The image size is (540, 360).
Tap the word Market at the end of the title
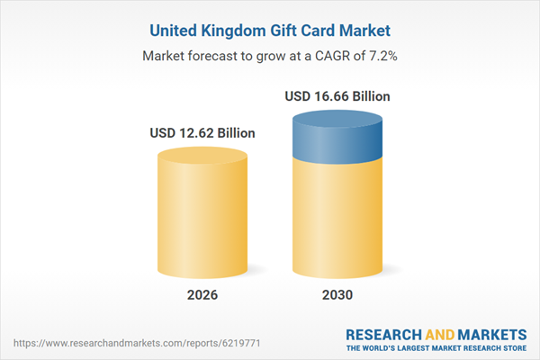pyautogui.click(x=363, y=31)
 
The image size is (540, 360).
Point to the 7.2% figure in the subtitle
pyautogui.click(x=381, y=56)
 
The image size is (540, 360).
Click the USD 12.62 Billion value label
pyautogui.click(x=202, y=133)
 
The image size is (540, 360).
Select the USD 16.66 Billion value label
pyautogui.click(x=337, y=95)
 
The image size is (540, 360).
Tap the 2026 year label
pyautogui.click(x=202, y=295)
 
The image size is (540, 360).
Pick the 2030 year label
pyautogui.click(x=337, y=295)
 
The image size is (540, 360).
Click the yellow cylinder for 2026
pyautogui.click(x=202, y=216)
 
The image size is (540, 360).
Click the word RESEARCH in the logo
pyautogui.click(x=385, y=333)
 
